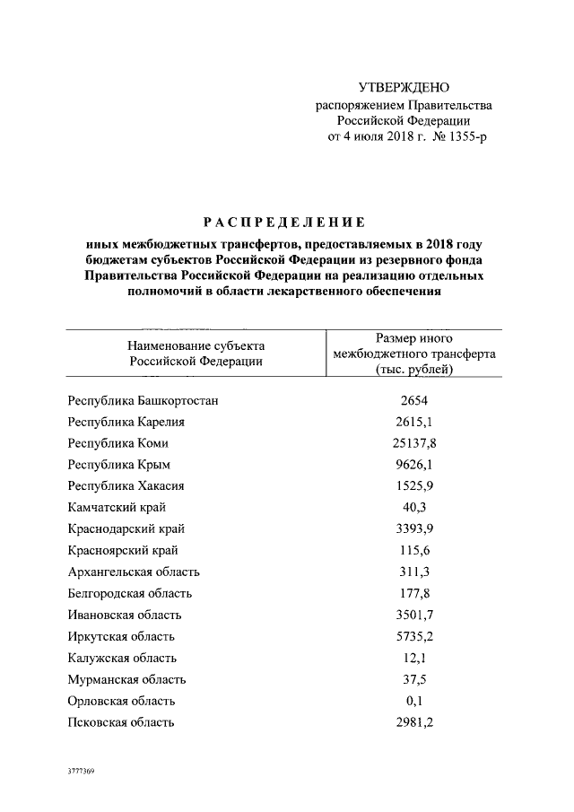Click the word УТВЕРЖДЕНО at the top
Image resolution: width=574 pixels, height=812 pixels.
[x=403, y=87]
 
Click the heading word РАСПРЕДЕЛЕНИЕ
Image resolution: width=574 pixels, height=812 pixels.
[x=284, y=222]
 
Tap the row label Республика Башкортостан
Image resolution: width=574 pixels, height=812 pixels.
[x=143, y=400]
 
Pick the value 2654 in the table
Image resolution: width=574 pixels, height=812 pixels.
[x=413, y=400]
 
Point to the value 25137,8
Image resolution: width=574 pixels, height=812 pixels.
[x=413, y=443]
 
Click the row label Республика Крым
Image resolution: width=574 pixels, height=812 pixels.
[x=119, y=465]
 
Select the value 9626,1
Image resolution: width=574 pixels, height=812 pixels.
[x=413, y=465]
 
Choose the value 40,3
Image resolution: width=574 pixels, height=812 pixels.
[x=413, y=508]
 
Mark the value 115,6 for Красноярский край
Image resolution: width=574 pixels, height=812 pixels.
[x=413, y=550]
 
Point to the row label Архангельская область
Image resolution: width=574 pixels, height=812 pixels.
[x=134, y=572]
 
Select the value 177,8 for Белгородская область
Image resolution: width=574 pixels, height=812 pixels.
[x=413, y=593]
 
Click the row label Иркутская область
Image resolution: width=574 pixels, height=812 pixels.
[x=121, y=636]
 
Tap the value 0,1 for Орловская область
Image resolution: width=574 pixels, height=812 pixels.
[x=413, y=701]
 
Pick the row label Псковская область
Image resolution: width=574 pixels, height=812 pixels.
[x=121, y=722]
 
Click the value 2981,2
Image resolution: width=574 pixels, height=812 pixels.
[x=413, y=722]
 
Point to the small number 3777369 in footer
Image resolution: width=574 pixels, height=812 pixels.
[x=81, y=771]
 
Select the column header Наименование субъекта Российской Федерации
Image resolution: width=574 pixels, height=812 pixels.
[x=196, y=354]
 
